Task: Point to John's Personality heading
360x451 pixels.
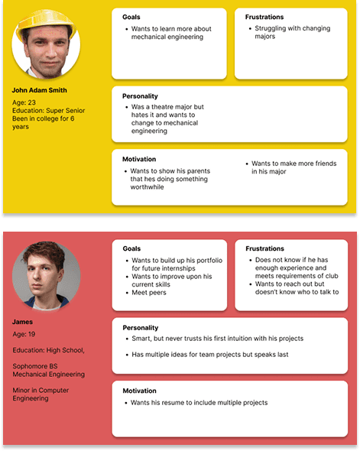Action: (x=140, y=96)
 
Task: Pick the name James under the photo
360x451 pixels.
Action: (x=24, y=322)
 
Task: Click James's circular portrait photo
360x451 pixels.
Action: (x=46, y=277)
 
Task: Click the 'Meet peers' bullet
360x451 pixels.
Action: (x=150, y=293)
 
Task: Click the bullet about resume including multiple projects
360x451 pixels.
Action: (x=199, y=402)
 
